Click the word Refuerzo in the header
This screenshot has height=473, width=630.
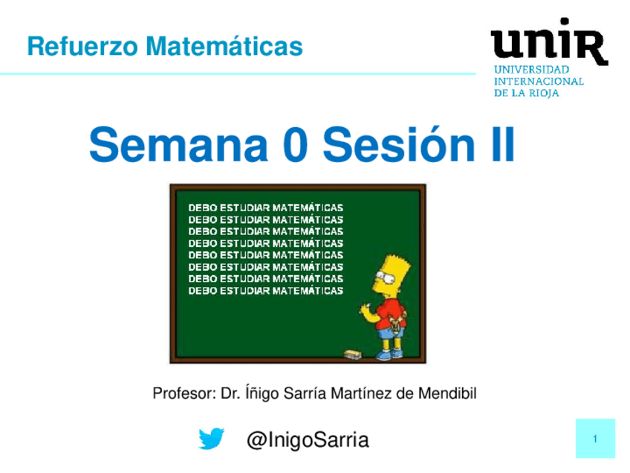(x=82, y=46)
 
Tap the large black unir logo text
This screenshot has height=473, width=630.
(x=549, y=42)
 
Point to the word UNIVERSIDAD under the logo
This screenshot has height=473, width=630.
(x=532, y=70)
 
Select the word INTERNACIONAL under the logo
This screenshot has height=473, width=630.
(x=539, y=81)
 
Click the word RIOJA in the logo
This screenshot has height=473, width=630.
(x=544, y=93)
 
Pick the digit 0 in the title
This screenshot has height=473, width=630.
(x=296, y=145)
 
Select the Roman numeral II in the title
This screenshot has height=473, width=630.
(x=503, y=144)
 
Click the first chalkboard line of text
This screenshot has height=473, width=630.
(x=265, y=207)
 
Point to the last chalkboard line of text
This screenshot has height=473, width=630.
(x=265, y=290)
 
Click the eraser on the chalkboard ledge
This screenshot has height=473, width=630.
(x=353, y=354)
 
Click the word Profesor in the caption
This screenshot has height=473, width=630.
(x=184, y=393)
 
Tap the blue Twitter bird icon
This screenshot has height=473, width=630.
(x=211, y=438)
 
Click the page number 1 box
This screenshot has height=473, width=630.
(x=595, y=438)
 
